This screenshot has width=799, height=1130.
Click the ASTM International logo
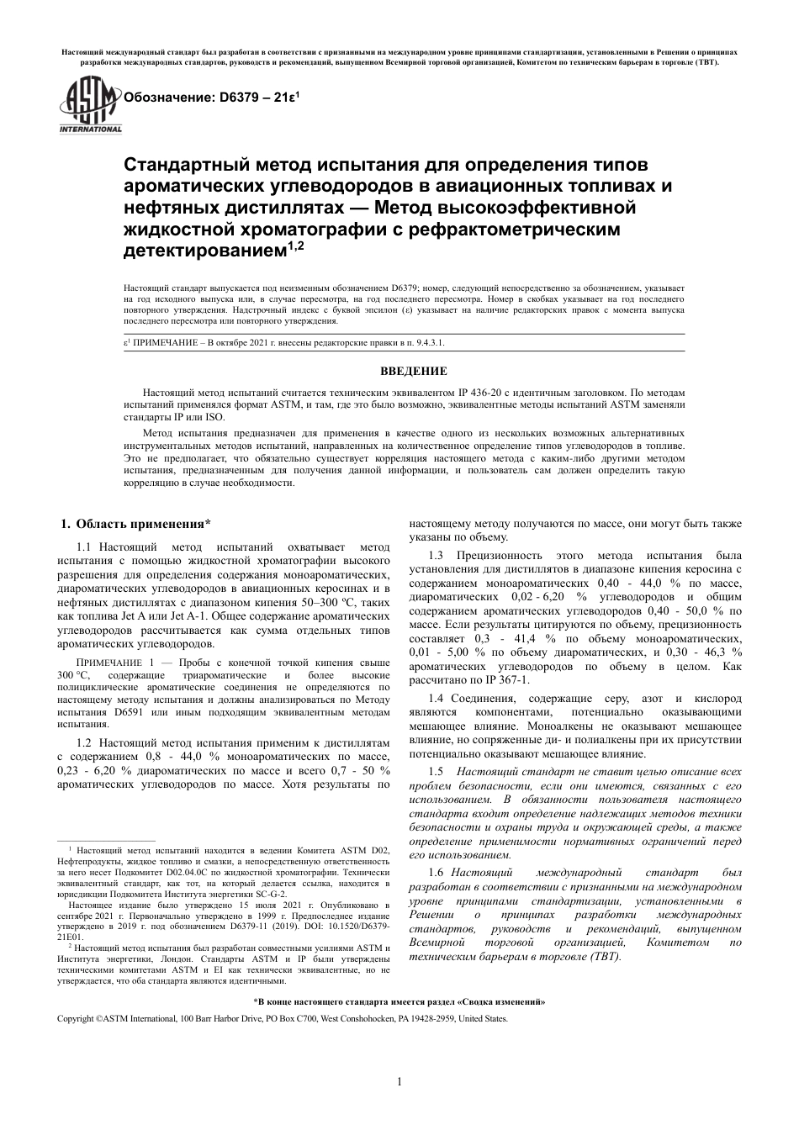tap(89, 105)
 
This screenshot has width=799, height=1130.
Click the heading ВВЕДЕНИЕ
tap(414, 371)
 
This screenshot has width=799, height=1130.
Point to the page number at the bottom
tap(399, 1081)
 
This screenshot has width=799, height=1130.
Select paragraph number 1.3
tap(436, 556)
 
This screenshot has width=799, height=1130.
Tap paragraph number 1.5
tap(436, 772)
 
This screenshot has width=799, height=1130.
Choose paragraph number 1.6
tap(436, 872)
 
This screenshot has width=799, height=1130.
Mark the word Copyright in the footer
tap(75, 1018)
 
